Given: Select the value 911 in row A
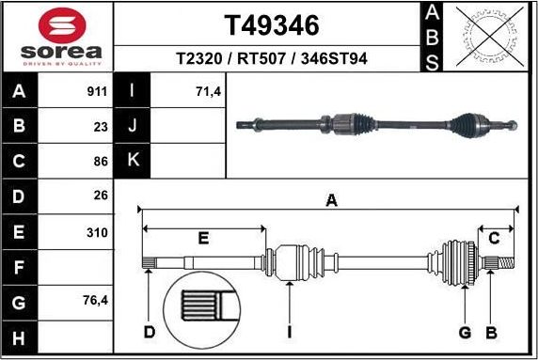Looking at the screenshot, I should coord(95,92).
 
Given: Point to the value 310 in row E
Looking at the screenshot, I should coord(97,231).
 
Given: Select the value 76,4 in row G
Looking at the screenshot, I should coord(95,302).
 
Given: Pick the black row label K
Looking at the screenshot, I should coord(133,161).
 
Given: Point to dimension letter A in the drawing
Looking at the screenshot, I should coord(331,199).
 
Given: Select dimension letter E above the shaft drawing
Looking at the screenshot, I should coord(202,238).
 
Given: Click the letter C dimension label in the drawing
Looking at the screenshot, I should coord(493,238).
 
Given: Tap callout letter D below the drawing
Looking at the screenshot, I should coord(149,331).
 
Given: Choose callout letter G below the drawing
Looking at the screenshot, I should coord(465,331).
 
